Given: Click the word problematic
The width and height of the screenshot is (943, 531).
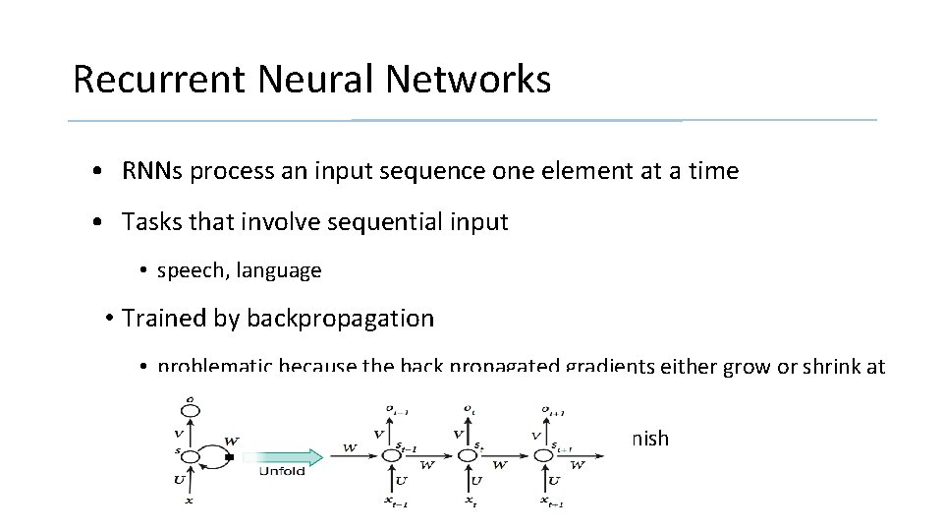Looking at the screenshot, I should click(x=215, y=367).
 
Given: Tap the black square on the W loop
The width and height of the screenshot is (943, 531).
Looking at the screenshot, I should click(x=229, y=457).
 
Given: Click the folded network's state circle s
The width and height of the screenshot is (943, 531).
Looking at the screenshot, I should click(x=190, y=456).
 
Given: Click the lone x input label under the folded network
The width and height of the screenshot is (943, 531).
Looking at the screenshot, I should click(x=190, y=501).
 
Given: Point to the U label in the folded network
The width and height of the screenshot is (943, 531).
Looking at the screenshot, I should click(x=179, y=480).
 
